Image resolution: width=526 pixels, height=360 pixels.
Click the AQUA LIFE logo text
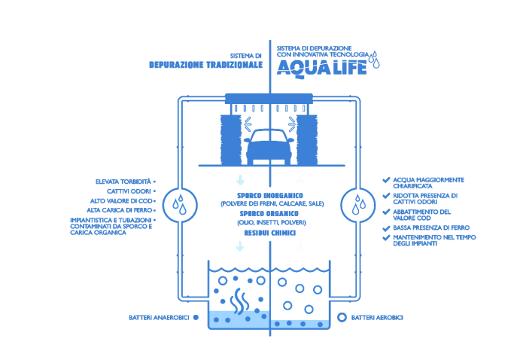(321, 68)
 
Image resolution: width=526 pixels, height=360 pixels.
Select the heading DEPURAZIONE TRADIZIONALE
(205, 65)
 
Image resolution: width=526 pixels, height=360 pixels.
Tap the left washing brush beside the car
(230, 139)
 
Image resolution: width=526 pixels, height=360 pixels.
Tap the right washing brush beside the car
(307, 139)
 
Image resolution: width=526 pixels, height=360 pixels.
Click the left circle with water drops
(180, 204)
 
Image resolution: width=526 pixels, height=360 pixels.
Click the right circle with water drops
(358, 204)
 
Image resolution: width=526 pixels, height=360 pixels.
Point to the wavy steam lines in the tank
(239, 300)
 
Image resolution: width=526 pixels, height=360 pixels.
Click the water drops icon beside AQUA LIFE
(374, 59)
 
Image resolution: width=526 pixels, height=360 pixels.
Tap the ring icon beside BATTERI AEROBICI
(342, 318)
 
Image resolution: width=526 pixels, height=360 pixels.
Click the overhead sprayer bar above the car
(269, 98)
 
